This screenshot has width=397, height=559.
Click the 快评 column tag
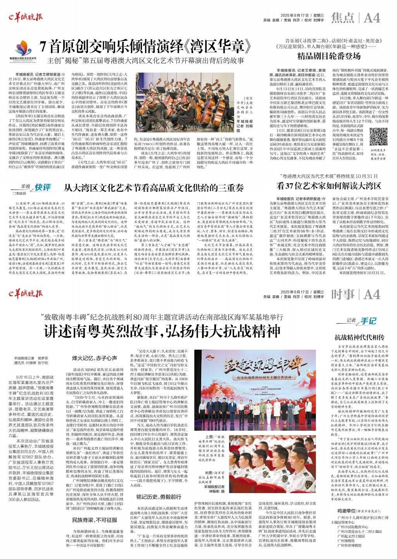click(42, 187)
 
